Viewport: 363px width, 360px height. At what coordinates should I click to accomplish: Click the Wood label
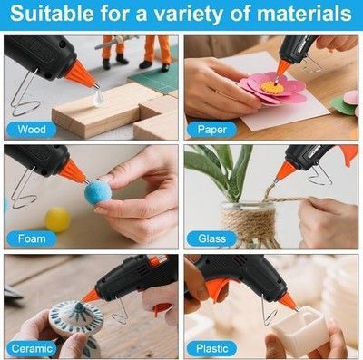32,130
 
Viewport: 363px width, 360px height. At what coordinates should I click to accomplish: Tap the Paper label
211,130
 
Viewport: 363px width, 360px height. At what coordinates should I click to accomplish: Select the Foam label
32,238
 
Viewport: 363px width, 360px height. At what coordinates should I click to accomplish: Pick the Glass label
211,238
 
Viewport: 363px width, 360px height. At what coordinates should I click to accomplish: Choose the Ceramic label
32,349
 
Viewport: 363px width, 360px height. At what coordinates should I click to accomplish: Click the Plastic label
211,349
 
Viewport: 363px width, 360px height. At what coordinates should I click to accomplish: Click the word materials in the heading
304,14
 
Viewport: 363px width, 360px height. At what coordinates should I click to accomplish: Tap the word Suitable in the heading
52,14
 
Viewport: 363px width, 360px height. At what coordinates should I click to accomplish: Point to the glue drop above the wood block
98,99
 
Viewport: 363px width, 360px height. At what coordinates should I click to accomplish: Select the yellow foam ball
57,219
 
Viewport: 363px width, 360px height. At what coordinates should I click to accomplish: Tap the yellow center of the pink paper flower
272,87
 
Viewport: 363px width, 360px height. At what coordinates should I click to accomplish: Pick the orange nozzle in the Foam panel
73,171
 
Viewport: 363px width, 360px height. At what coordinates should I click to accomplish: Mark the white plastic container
300,327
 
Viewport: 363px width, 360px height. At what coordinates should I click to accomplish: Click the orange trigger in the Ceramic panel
161,309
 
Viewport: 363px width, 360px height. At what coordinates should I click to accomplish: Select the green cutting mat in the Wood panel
154,78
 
